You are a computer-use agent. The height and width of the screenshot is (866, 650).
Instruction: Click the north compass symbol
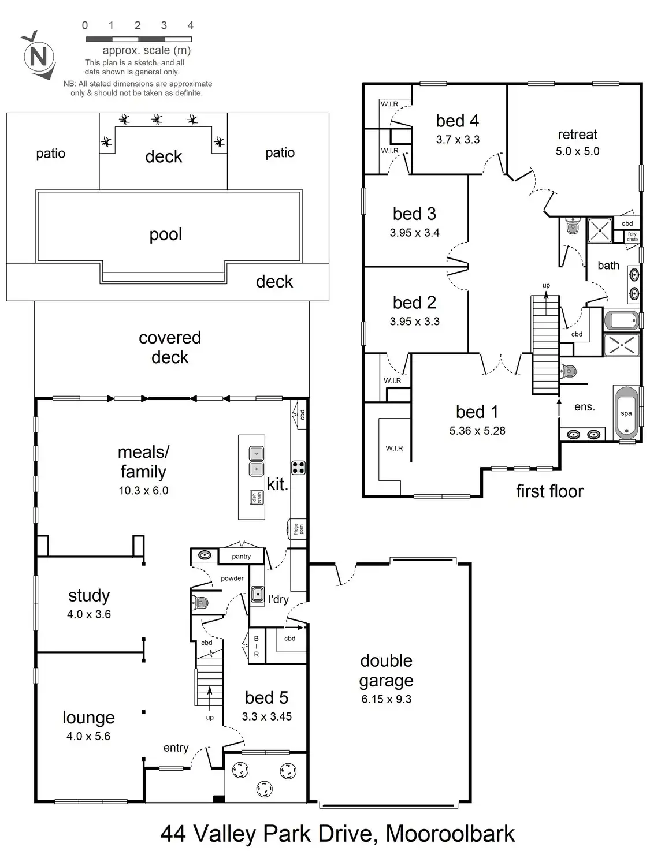(x=39, y=57)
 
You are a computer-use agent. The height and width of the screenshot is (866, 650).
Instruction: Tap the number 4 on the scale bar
(x=191, y=25)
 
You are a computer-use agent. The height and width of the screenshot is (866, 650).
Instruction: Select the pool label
(x=166, y=234)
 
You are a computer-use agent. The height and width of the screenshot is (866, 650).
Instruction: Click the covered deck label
(x=170, y=347)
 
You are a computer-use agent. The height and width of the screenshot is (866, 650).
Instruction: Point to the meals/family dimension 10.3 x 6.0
(x=143, y=491)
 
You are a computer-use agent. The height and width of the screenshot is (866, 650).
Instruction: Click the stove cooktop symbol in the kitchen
(x=298, y=467)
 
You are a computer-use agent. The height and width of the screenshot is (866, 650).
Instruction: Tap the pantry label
(x=242, y=557)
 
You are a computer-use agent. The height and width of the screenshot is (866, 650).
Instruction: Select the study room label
(x=89, y=595)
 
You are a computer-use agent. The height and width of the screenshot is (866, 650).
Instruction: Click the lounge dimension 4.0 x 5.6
(x=88, y=736)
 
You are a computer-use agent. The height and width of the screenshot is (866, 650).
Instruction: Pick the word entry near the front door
(x=176, y=748)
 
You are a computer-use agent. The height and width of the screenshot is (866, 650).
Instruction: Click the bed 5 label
(x=266, y=697)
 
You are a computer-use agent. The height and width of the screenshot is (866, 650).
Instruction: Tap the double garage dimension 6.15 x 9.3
(x=387, y=699)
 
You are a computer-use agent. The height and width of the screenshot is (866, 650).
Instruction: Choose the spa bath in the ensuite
(x=626, y=414)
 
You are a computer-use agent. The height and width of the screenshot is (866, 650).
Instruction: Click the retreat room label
(x=577, y=135)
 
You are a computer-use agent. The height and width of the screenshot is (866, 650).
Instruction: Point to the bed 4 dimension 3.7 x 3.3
(x=458, y=140)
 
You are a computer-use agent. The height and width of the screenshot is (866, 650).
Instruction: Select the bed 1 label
(x=477, y=412)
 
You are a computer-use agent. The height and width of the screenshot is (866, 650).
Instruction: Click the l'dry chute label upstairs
(x=633, y=237)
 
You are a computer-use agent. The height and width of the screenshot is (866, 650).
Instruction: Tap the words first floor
(x=549, y=491)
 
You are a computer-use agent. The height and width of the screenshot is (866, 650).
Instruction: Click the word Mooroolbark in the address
(x=450, y=834)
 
